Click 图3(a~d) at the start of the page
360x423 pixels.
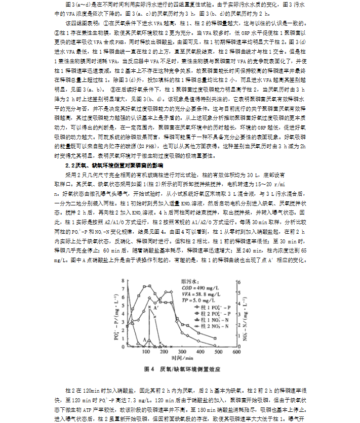(x=78, y=4)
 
